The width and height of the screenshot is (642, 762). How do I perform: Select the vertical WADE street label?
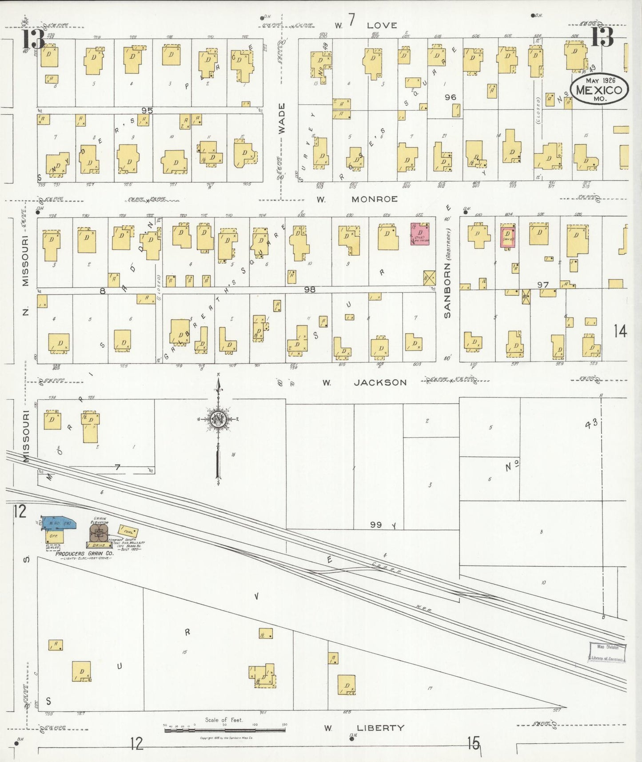tap(282, 119)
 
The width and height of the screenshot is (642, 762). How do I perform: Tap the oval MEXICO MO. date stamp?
tap(599, 89)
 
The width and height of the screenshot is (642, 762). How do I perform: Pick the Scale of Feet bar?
tap(224, 729)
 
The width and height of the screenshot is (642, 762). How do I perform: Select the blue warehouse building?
tap(58, 523)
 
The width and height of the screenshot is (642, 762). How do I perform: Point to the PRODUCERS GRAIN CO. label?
tap(84, 554)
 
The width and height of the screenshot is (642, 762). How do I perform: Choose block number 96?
tap(450, 97)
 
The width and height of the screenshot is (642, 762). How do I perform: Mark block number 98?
tap(310, 289)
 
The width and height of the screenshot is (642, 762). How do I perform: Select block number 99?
tap(376, 525)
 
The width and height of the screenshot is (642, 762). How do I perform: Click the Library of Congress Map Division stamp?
tap(607, 653)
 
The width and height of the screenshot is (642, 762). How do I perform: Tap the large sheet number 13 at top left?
tap(33, 39)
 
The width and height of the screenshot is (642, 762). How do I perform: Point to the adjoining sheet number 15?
tap(474, 743)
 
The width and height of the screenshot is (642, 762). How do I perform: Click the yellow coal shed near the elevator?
tap(128, 531)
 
